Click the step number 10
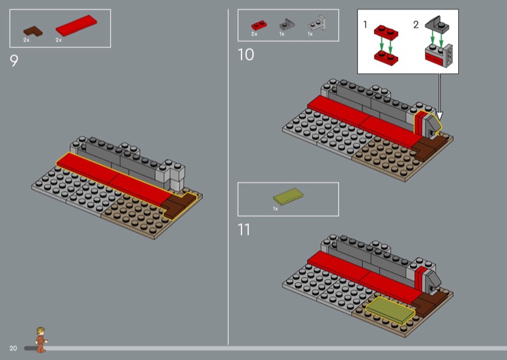pos(246,55)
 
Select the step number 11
pos(244,229)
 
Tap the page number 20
pos(13,349)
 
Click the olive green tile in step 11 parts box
pos(285,198)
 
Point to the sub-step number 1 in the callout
pos(365,25)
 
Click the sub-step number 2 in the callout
pos(416,25)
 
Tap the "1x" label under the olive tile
pos(276,209)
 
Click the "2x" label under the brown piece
pos(27,40)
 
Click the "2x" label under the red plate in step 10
pos(254,34)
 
